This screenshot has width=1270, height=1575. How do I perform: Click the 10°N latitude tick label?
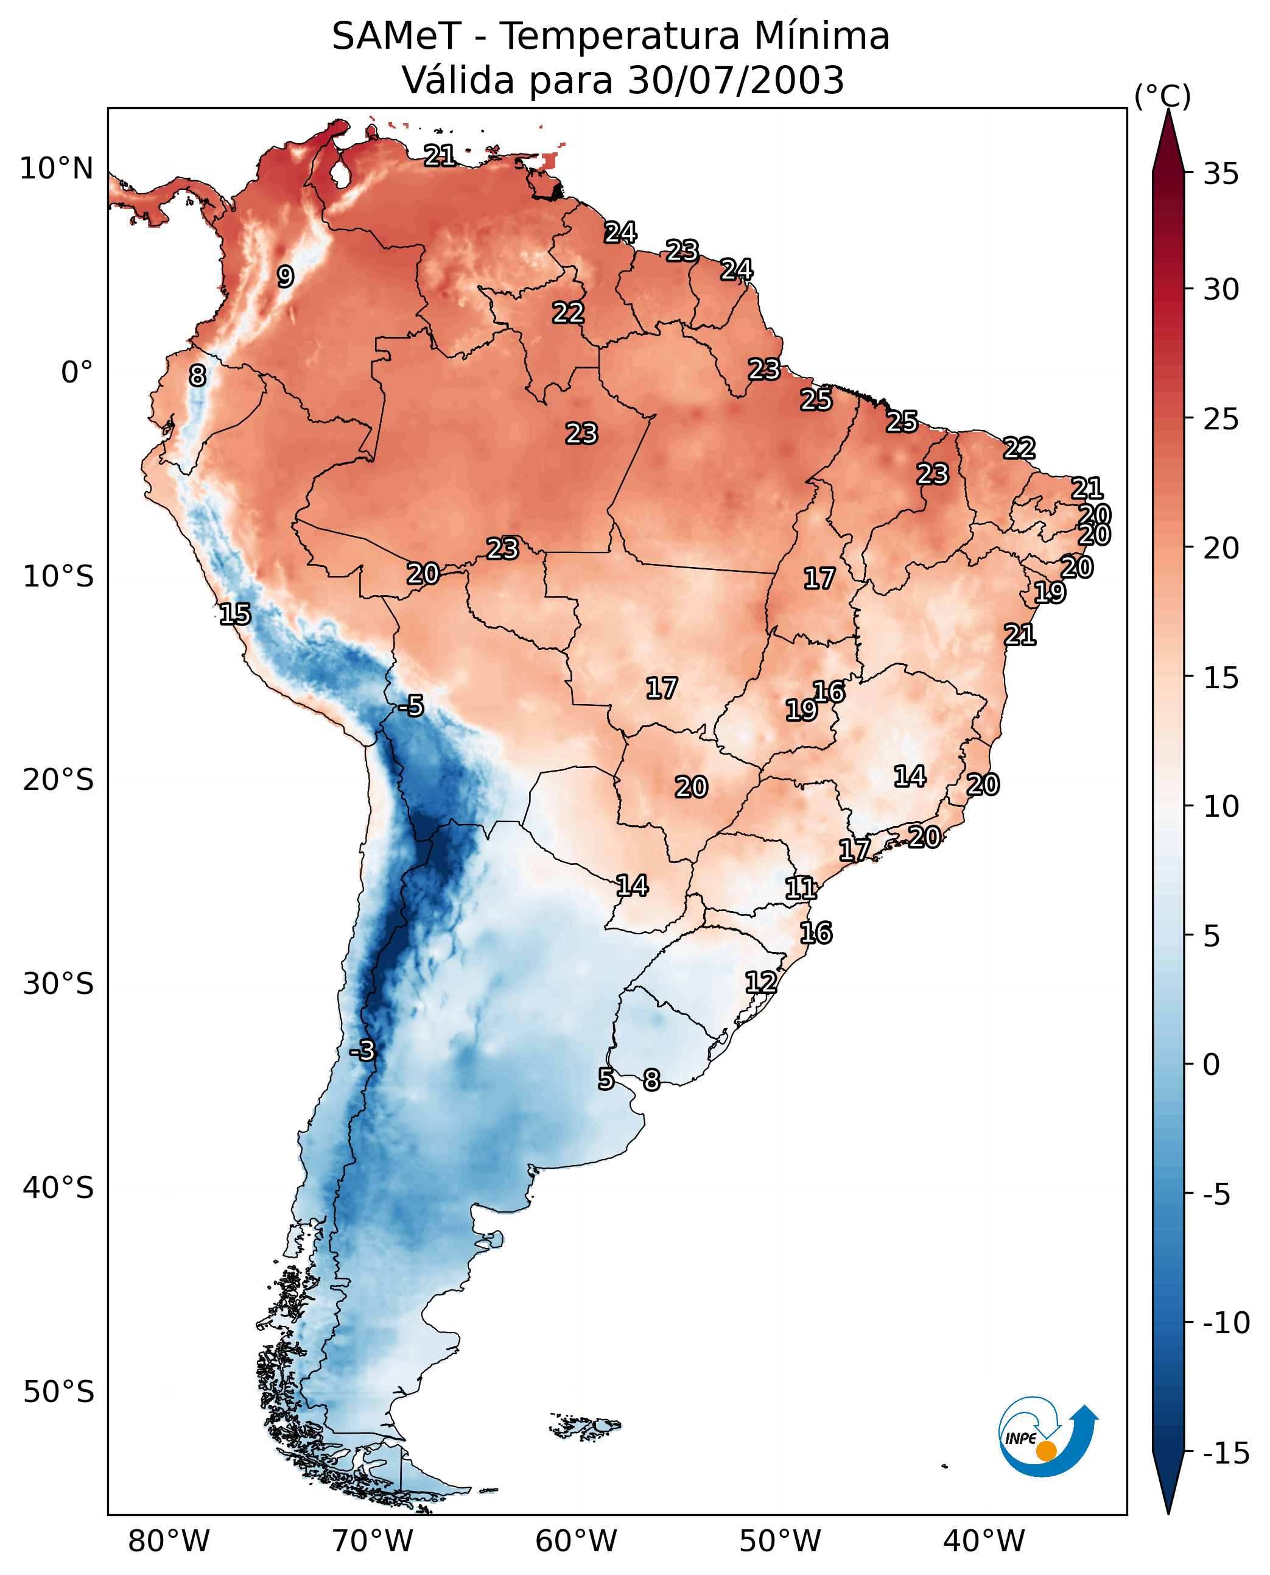[x=57, y=169]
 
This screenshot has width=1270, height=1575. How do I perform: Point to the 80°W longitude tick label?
[x=169, y=1542]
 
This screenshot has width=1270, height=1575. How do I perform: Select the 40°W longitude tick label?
[x=984, y=1542]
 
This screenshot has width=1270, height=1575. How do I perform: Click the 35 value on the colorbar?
[x=1221, y=174]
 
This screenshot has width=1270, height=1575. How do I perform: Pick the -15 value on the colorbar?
[x=1226, y=1454]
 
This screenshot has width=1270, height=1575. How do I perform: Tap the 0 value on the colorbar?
[x=1212, y=1064]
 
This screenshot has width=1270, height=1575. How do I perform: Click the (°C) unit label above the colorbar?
[x=1162, y=96]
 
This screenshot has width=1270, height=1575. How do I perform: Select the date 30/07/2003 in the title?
[x=736, y=80]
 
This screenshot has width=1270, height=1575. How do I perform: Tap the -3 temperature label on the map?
[x=362, y=1050]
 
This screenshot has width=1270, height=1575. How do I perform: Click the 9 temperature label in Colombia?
[x=286, y=277]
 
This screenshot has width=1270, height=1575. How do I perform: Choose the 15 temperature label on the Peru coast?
[x=235, y=614]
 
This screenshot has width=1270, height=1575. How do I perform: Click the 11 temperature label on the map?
[x=801, y=889]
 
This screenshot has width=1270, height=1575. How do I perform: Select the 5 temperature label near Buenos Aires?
[x=606, y=1079]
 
